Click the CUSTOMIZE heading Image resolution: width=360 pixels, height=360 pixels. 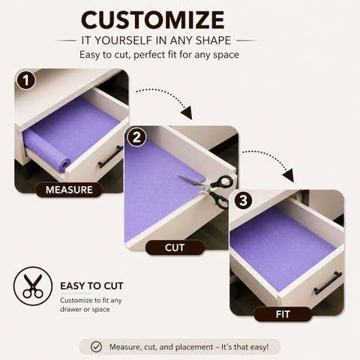(153, 20)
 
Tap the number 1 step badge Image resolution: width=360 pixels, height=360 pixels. (26, 80)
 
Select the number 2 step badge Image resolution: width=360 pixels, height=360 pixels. (136, 137)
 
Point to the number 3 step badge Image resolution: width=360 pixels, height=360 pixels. (243, 200)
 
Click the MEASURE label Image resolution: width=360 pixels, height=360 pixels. (69, 190)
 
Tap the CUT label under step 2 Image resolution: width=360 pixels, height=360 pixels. (175, 247)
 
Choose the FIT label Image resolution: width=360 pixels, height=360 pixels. (283, 314)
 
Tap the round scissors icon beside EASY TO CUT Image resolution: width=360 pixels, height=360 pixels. (33, 286)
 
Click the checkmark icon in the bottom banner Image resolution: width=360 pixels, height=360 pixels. (96, 347)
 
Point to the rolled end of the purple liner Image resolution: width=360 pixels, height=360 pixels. (64, 165)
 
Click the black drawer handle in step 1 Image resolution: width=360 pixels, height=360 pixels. (110, 157)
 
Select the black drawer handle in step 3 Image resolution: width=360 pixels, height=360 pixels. (328, 283)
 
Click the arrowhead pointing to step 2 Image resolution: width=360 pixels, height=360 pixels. (187, 112)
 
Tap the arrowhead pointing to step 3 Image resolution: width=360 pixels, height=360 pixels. (289, 175)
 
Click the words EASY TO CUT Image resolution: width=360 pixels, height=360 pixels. (91, 286)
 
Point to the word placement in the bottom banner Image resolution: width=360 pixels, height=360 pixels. (194, 347)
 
